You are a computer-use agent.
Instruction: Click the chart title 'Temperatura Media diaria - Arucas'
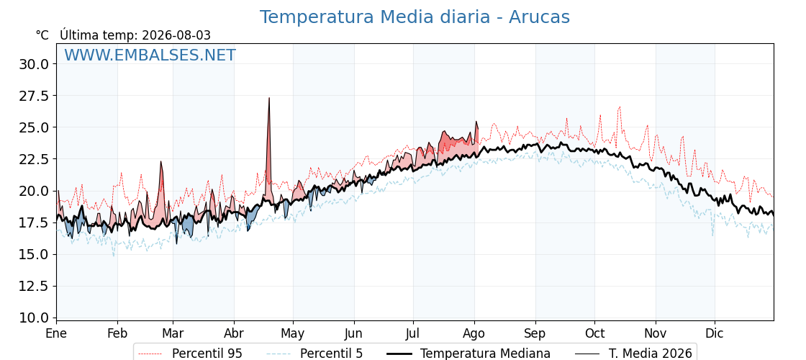click(415, 17)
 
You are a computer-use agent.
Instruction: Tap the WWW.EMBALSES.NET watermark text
click(150, 55)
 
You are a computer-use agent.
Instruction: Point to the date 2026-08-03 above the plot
click(176, 35)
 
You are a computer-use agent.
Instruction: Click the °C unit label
click(42, 35)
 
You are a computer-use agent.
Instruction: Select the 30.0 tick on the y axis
click(34, 64)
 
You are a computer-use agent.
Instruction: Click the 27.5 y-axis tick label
click(34, 96)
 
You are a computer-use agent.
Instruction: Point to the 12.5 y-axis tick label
click(34, 286)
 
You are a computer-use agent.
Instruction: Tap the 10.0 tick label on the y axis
click(34, 318)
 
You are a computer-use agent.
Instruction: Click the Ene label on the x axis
click(57, 333)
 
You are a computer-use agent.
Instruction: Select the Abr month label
click(234, 333)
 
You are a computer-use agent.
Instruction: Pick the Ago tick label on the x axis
click(474, 333)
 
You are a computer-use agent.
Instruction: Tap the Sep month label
click(535, 333)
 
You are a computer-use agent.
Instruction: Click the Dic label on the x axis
click(714, 333)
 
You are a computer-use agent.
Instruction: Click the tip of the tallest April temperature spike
click(269, 98)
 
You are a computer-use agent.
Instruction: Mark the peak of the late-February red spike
click(161, 161)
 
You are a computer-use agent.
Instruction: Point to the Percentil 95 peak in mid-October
click(620, 107)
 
